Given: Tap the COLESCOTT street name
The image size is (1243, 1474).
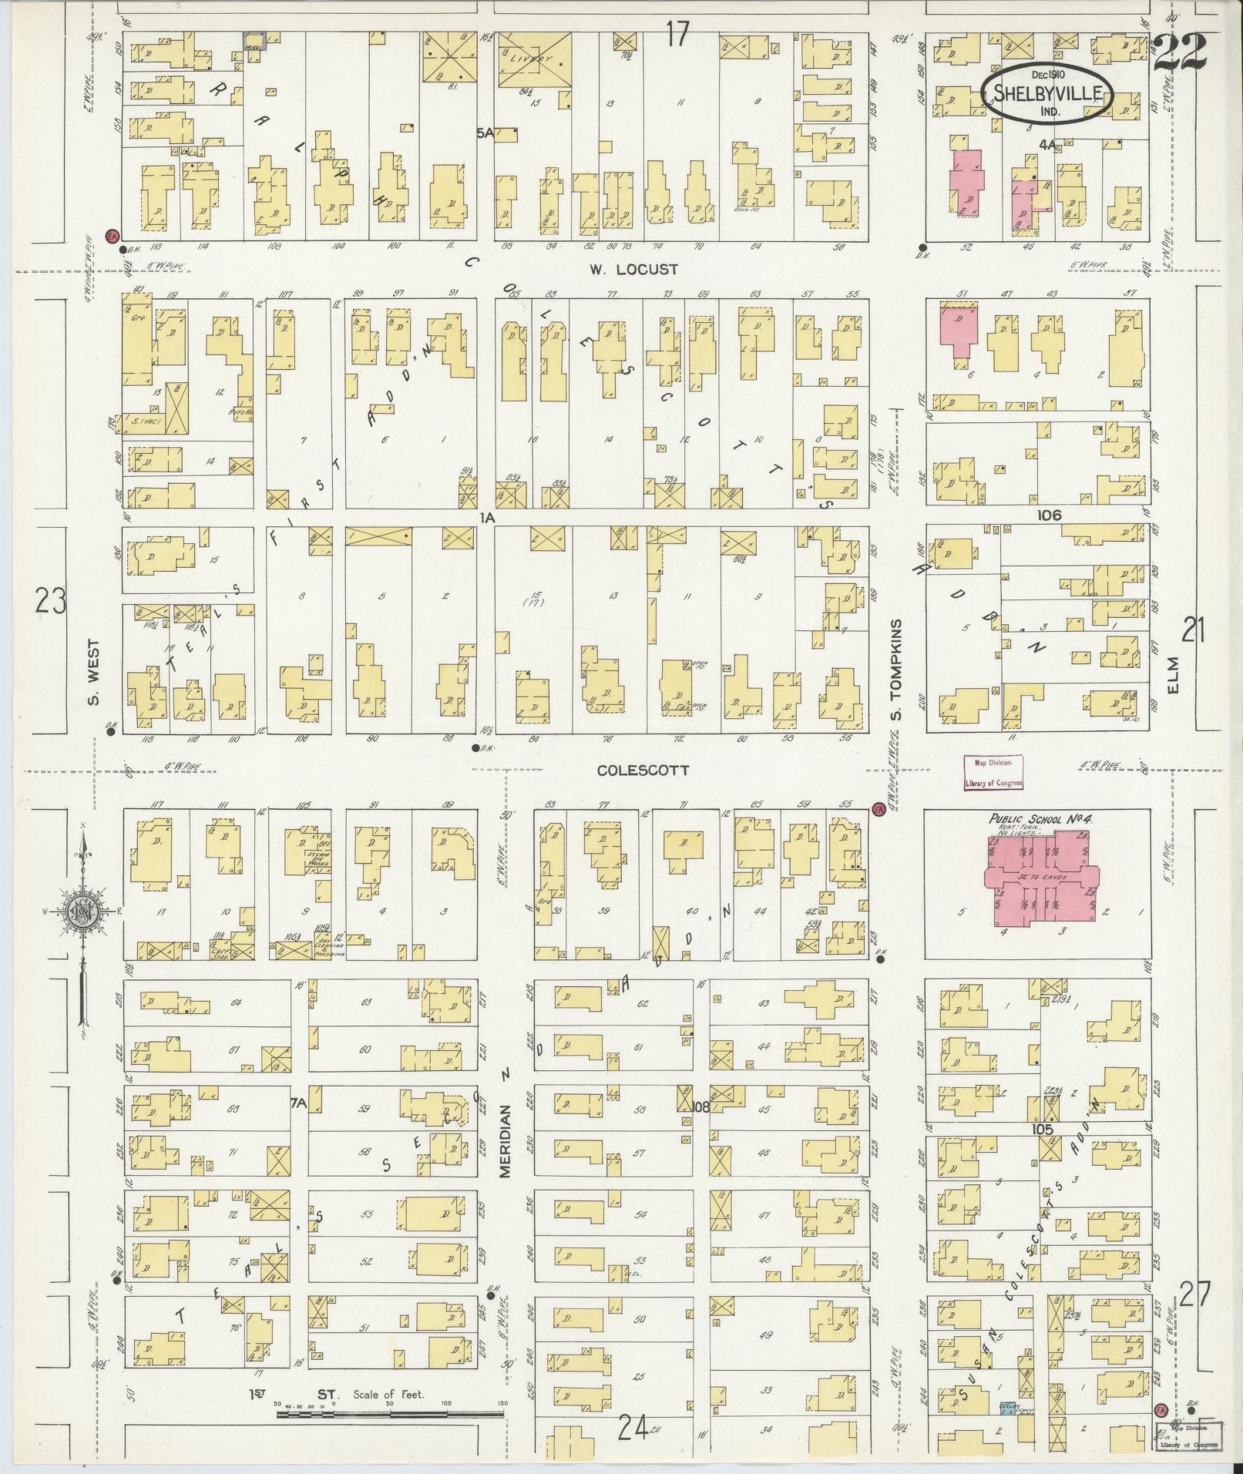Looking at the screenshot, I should point(643,771).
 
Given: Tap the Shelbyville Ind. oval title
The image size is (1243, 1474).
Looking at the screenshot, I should point(1047,97).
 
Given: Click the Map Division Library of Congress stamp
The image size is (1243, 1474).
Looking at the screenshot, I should point(993,773).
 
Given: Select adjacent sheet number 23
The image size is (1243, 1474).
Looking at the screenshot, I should point(51,601).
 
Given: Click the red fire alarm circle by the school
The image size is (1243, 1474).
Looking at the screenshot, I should point(878,809).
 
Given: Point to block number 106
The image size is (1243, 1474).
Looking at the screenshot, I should point(1049,515).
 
